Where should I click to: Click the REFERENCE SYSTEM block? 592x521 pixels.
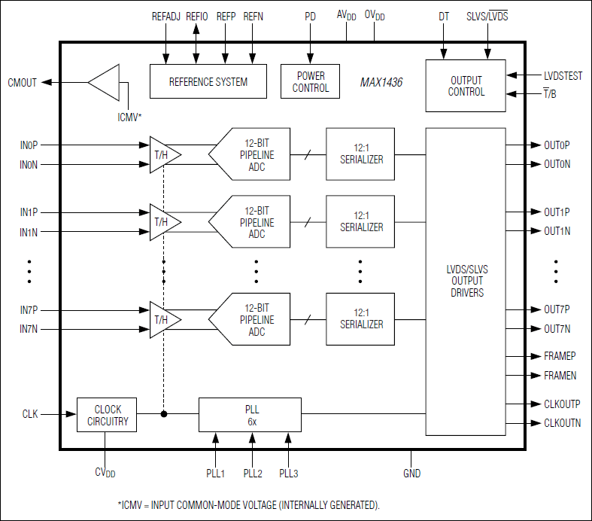point(208,81)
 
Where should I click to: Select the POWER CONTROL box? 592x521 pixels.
point(311,81)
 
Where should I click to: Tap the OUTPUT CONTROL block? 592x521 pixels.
point(466,86)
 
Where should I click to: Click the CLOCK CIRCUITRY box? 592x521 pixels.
point(107,415)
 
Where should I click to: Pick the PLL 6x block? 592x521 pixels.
point(250,415)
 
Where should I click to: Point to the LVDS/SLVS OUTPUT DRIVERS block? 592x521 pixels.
point(464,281)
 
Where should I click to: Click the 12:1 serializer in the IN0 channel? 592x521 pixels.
point(360,154)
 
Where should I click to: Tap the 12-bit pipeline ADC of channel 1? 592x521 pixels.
point(251,222)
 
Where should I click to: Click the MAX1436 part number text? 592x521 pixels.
point(381,83)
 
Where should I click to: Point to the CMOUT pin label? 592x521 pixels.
point(22,83)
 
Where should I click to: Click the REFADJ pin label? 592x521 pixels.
point(166,16)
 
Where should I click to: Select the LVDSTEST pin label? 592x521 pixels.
point(563,76)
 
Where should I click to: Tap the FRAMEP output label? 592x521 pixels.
point(560,355)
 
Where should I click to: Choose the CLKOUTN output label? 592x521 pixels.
point(562,423)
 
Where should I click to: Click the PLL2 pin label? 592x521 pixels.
point(252,474)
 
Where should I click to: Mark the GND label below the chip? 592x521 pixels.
point(411,474)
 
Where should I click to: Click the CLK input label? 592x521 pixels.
point(29,414)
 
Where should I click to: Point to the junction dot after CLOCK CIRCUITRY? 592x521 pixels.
point(164,414)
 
